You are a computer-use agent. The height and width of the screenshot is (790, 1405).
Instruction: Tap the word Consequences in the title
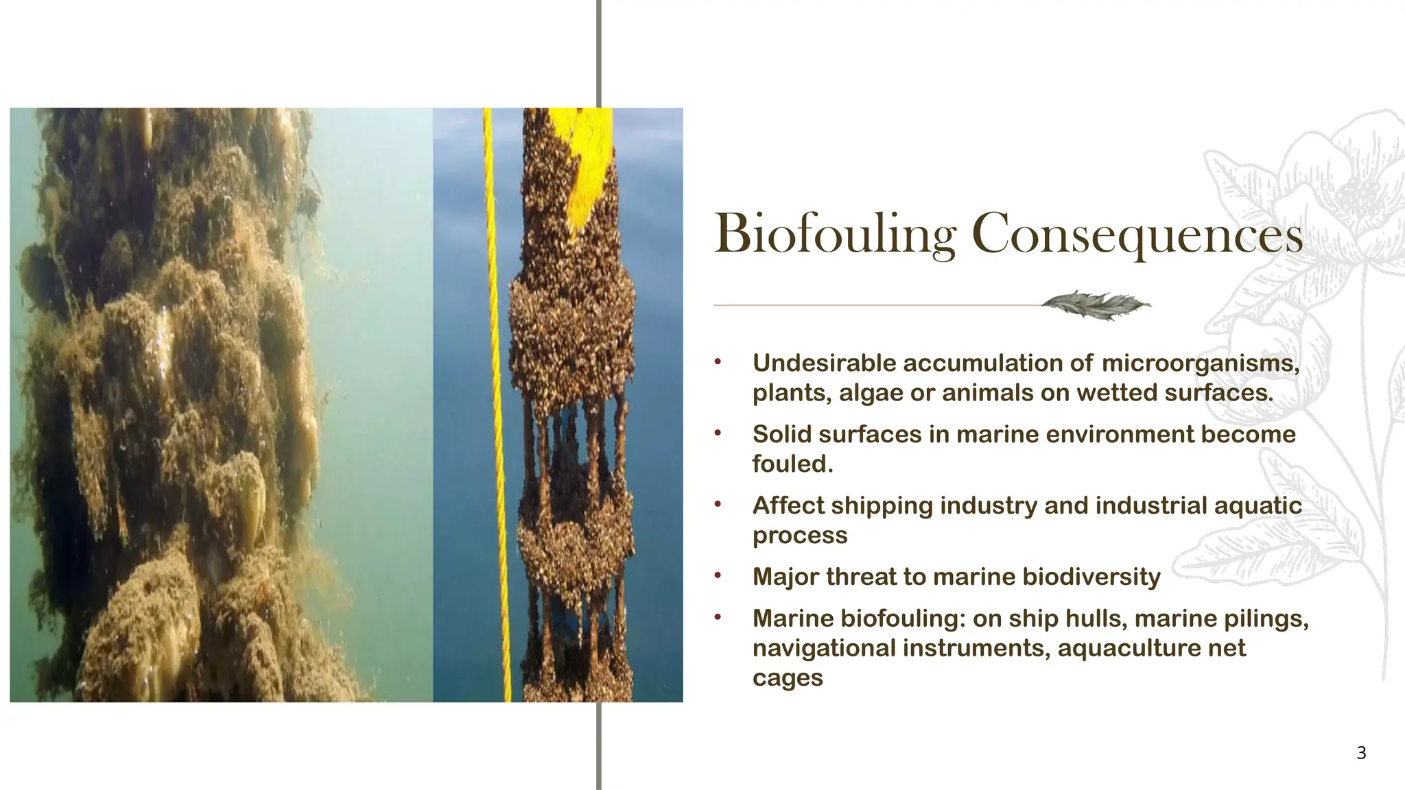(1137, 235)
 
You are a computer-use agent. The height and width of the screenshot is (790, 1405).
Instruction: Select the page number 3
(1361, 753)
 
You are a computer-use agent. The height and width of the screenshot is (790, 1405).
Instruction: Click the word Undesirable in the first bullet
(825, 363)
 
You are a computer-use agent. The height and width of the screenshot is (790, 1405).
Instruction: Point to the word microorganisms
(1201, 363)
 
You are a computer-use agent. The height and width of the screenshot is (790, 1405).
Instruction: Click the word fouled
(792, 464)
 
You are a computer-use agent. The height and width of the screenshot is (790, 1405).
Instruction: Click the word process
(800, 535)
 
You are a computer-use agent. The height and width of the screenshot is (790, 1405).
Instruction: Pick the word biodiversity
(1091, 577)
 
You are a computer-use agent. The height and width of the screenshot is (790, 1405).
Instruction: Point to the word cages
(788, 678)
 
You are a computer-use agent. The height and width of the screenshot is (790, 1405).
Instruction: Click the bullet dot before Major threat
(718, 575)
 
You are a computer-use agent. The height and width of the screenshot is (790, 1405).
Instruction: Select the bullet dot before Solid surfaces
(718, 433)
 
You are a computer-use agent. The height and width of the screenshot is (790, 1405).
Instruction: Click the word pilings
(1266, 619)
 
